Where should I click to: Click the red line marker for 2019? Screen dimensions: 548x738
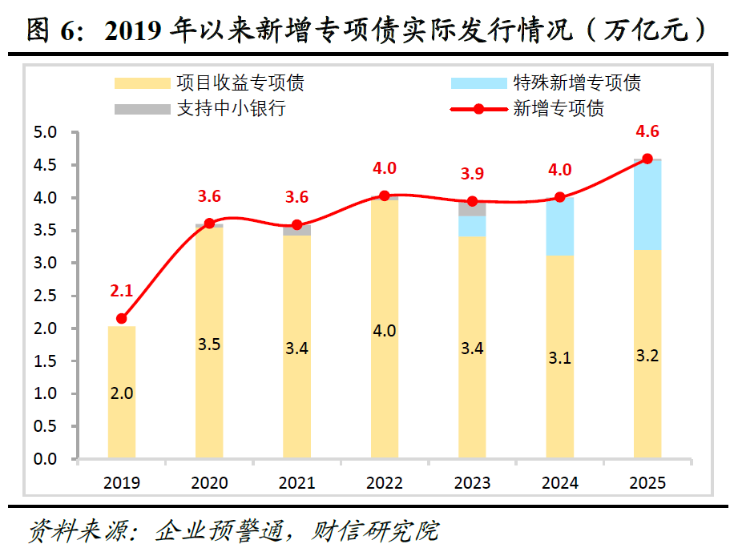122,318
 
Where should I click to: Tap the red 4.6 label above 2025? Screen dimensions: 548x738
647,131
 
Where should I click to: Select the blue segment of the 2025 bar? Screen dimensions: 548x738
647,205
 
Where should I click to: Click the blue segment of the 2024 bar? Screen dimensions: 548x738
559,227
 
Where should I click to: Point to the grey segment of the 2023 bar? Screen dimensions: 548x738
472,208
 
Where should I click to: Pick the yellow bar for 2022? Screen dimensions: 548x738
385,328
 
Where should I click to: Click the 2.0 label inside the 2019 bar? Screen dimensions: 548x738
122,393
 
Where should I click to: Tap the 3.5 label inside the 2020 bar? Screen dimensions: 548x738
209,345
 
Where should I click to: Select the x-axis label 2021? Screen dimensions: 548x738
296,483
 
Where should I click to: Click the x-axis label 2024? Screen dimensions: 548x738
559,483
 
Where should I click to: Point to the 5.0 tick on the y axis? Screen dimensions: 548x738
46,132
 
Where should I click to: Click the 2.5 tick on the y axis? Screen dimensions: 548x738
46,296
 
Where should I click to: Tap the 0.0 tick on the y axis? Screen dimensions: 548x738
46,459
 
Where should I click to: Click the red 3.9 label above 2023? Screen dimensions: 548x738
472,174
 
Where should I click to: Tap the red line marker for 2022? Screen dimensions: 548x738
385,195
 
